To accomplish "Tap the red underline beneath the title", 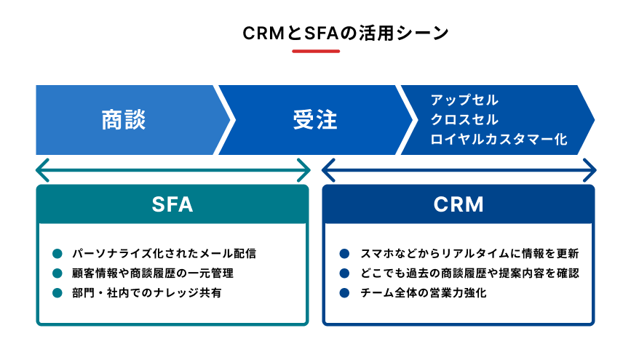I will (x=316, y=51).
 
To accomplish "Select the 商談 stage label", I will (x=124, y=120).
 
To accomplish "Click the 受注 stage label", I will (x=315, y=120).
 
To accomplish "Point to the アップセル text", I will (x=464, y=100).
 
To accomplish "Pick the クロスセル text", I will (x=464, y=119).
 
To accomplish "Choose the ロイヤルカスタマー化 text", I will (x=498, y=138).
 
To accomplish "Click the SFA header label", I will (x=172, y=204).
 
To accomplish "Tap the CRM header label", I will (x=459, y=204).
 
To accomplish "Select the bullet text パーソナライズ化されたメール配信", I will (x=164, y=254).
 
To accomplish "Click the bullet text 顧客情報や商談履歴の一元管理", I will (x=152, y=273).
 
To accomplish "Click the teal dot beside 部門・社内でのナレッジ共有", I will (x=57, y=293).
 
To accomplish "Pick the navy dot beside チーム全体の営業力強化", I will (x=344, y=293).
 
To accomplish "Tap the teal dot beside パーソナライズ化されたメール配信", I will (x=57, y=254).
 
